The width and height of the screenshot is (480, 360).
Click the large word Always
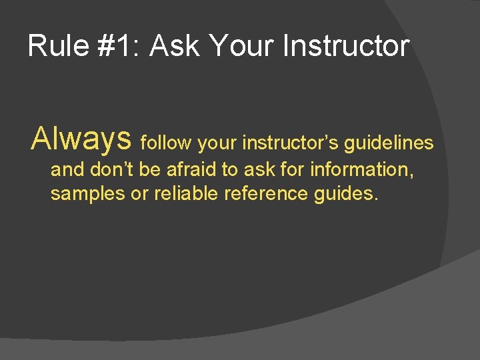point(81,139)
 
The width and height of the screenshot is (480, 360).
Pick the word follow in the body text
point(167,143)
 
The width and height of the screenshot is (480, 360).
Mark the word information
point(361,169)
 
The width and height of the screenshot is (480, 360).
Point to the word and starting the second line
point(67,169)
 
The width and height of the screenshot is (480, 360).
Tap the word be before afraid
point(150,169)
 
